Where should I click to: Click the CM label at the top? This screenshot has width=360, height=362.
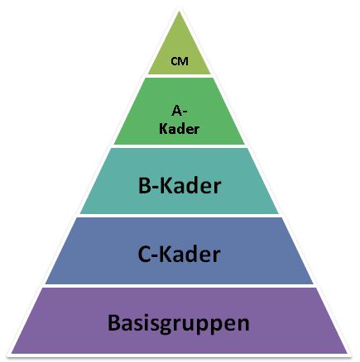[x=180, y=61]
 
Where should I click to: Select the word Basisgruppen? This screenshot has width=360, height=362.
[x=179, y=323]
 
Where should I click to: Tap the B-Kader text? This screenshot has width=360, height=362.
[x=180, y=185]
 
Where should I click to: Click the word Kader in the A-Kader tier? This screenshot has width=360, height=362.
[x=180, y=129]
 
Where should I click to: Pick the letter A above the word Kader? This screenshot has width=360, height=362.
[x=176, y=111]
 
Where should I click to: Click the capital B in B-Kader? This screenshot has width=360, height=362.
[x=144, y=185]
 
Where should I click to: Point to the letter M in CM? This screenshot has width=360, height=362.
[x=184, y=61]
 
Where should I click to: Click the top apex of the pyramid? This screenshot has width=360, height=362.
[x=180, y=11]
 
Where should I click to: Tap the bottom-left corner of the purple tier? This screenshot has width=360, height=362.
[x=12, y=353]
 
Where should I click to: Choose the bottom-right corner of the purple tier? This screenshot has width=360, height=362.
[x=348, y=353]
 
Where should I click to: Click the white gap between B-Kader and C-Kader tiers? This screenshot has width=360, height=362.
[x=180, y=216]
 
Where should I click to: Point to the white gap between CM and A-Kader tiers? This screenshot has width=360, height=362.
[x=180, y=76]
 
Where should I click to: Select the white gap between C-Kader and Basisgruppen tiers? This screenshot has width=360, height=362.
[x=180, y=286]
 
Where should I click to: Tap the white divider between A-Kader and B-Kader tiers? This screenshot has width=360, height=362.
[x=180, y=146]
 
